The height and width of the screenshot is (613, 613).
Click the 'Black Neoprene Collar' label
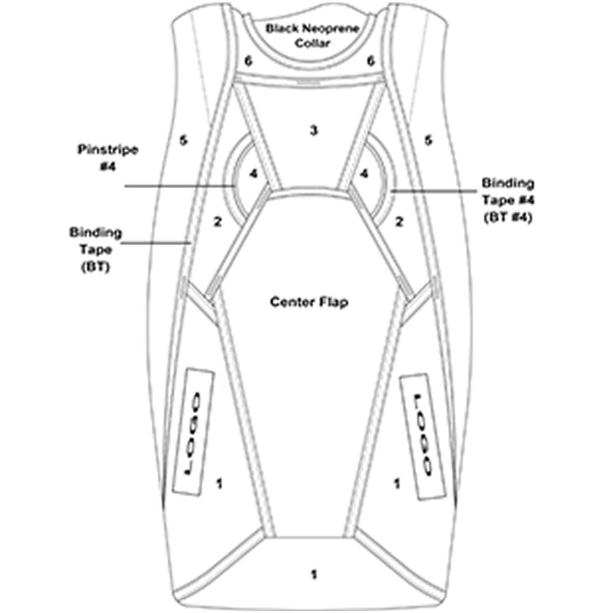312,35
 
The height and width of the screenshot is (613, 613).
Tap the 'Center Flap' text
309,302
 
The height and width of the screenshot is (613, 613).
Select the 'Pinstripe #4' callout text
108,158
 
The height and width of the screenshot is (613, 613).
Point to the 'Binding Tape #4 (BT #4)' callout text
508,200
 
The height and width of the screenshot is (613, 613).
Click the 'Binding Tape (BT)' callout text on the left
96,249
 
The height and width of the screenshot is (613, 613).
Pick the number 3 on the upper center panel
313,131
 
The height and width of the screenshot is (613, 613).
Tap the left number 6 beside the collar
248,61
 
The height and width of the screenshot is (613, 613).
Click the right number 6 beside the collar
371,61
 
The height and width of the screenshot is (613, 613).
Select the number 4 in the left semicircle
254,173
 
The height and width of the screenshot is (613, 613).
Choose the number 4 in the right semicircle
364,173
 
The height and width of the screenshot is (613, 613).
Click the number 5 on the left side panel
183,140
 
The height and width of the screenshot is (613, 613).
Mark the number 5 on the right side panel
428,140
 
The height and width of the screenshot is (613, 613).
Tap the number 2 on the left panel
218,222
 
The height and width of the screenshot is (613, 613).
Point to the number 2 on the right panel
399,222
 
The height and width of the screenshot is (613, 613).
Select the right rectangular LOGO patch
422,436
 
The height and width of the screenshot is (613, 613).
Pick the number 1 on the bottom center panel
313,575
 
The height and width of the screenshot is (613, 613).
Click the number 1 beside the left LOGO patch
219,484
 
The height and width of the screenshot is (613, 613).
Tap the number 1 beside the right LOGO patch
397,484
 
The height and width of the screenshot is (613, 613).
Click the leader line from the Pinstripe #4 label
180,186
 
